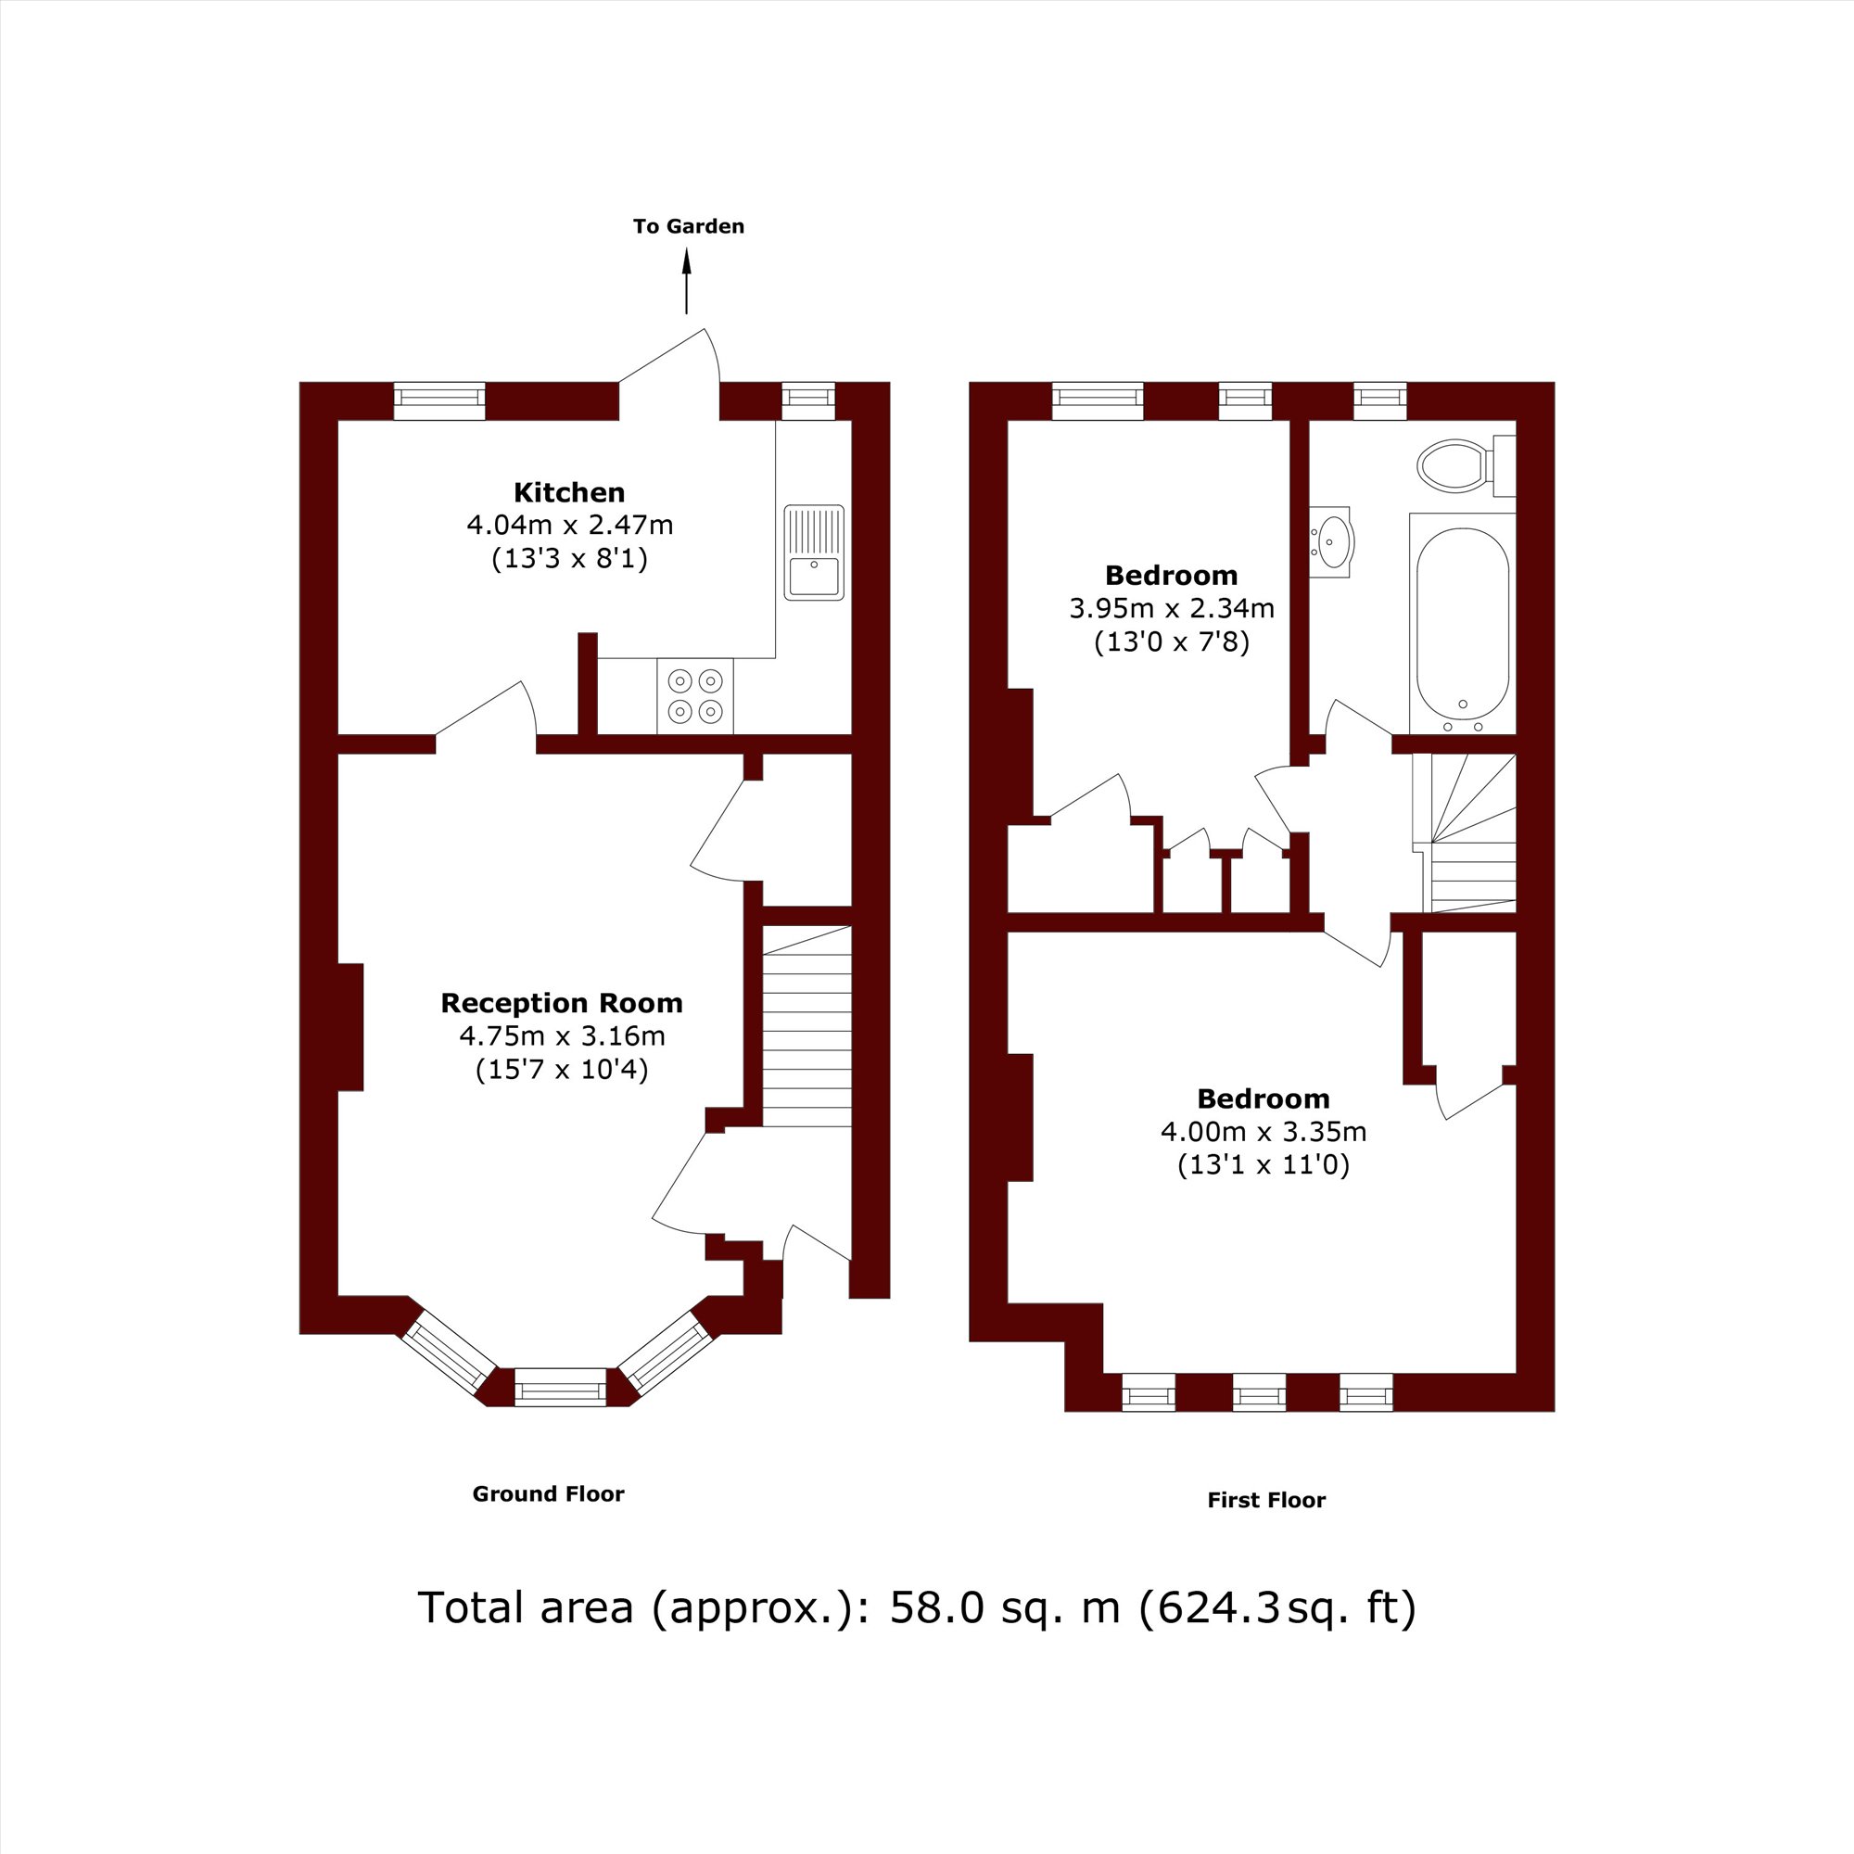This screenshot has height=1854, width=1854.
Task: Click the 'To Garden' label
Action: point(688,226)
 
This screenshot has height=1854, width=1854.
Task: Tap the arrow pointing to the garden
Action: point(686,281)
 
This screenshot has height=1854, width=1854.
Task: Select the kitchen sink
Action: point(814,552)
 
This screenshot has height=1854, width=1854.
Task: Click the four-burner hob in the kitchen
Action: point(694,696)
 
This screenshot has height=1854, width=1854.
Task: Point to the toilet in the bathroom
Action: point(1467,465)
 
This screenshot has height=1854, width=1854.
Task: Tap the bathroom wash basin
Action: point(1331,542)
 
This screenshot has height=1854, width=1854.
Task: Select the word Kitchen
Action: point(569,492)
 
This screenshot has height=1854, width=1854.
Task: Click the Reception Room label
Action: point(562,1003)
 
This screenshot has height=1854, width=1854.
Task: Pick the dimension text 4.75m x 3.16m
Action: point(562,1035)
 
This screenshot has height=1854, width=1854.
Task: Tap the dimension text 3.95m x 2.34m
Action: point(1172,607)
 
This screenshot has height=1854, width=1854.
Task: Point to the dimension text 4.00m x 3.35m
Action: point(1264,1131)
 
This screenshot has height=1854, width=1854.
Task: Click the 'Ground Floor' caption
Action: point(548,1494)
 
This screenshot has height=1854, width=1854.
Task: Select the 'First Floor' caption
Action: point(1265,1500)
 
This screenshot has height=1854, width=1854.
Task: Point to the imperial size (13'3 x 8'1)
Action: point(569,558)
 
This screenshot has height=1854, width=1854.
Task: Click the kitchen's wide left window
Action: point(438,401)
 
